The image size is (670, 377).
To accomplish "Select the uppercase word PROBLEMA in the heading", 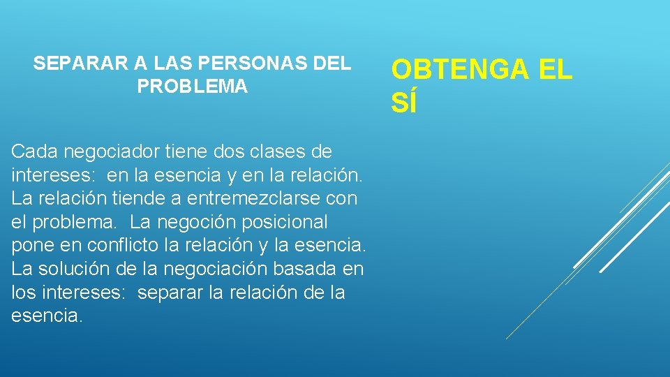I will [x=192, y=87].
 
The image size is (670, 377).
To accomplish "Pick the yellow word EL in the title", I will [x=555, y=70].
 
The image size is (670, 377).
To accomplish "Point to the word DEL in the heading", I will [x=333, y=64].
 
